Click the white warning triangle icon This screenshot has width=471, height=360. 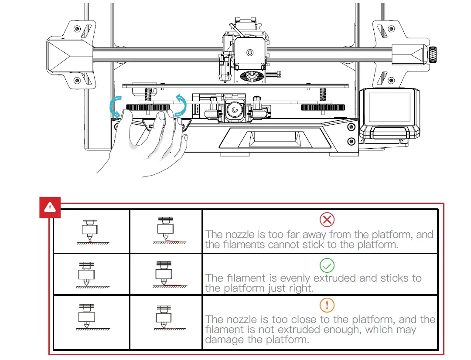(50, 207)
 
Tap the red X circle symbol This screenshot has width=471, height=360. (327, 220)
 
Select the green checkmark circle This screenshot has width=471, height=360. (327, 265)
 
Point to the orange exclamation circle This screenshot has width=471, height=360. (327, 305)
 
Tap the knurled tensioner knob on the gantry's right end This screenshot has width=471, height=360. (433, 54)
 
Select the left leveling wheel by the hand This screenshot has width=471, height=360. (148, 107)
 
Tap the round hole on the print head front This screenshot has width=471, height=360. (249, 53)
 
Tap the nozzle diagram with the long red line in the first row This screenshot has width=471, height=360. (166, 231)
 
